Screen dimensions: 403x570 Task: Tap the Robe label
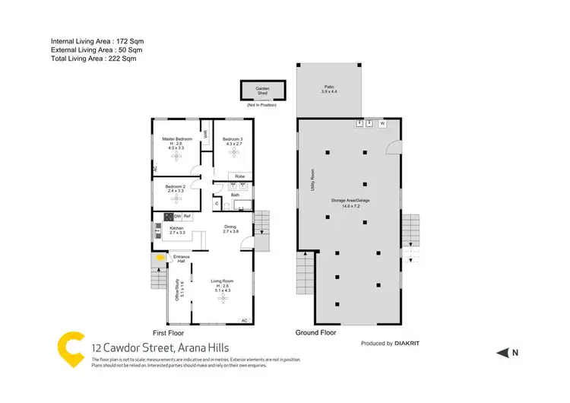point(239,176)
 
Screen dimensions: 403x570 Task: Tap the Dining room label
point(230,227)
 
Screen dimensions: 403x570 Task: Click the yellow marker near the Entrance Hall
point(160,258)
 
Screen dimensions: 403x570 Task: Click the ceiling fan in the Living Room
point(223,299)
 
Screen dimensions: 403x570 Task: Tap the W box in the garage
point(382,122)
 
